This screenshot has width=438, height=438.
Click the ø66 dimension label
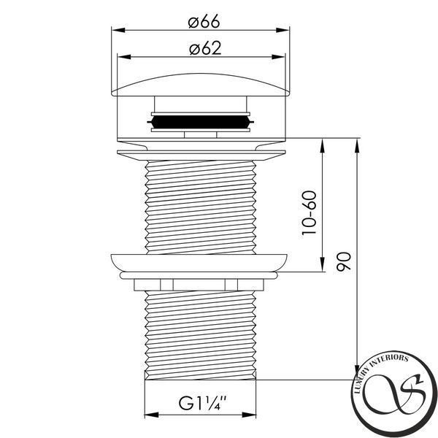204,22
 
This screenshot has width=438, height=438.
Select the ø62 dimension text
205,48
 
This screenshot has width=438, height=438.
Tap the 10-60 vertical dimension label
310,213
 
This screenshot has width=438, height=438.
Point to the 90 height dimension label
344,262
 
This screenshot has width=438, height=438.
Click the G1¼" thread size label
202,403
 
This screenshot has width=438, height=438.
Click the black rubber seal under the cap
201,122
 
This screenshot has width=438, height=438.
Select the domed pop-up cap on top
201,85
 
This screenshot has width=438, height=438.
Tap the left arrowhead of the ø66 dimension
118,30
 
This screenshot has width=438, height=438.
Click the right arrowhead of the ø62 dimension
278,57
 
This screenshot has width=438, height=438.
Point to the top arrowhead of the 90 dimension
357,145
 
